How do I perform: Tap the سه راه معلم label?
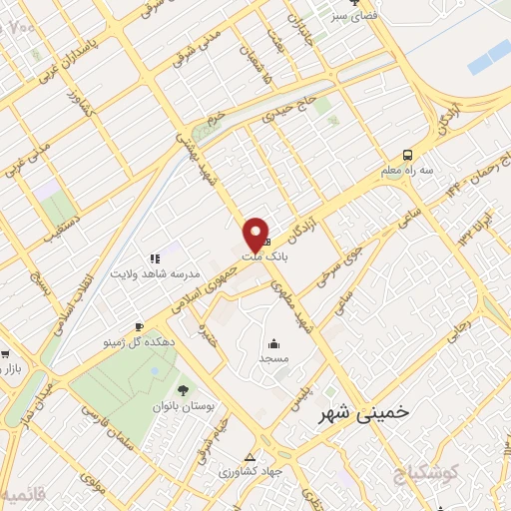pyautogui.click(x=412, y=171)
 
